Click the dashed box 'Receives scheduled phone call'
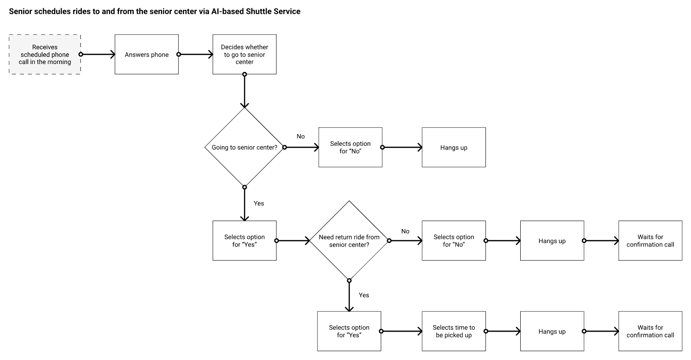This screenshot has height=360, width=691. tap(45, 54)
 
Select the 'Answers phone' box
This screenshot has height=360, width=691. tap(146, 54)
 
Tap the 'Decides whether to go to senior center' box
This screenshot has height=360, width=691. tap(244, 54)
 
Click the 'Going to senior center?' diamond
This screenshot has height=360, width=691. tap(244, 147)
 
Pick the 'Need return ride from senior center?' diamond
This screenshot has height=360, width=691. tap(349, 241)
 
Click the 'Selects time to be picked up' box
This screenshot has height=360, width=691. tap(454, 331)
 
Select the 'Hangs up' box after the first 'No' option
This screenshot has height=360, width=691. tap(454, 147)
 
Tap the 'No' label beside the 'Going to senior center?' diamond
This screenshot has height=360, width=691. tap(300, 136)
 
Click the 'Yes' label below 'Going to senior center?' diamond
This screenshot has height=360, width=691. tap(259, 203)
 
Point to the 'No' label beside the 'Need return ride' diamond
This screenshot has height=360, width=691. tap(405, 231)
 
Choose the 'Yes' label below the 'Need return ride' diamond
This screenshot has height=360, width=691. tap(364, 295)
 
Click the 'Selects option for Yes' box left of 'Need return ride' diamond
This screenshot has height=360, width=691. tap(244, 241)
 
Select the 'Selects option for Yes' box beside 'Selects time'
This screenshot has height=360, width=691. tap(349, 331)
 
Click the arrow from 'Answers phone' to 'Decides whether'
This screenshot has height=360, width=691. tap(196, 54)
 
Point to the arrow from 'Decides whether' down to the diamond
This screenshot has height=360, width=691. tap(244, 91)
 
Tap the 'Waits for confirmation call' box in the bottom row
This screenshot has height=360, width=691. tap(650, 331)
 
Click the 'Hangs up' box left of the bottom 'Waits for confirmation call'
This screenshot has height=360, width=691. tap(552, 331)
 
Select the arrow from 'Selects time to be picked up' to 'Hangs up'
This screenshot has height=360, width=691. tap(503, 331)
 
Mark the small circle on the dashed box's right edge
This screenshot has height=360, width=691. tap(81, 54)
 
